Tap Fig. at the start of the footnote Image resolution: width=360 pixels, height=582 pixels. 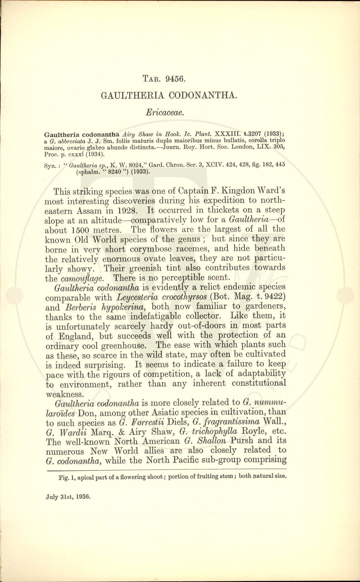click(63, 477)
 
